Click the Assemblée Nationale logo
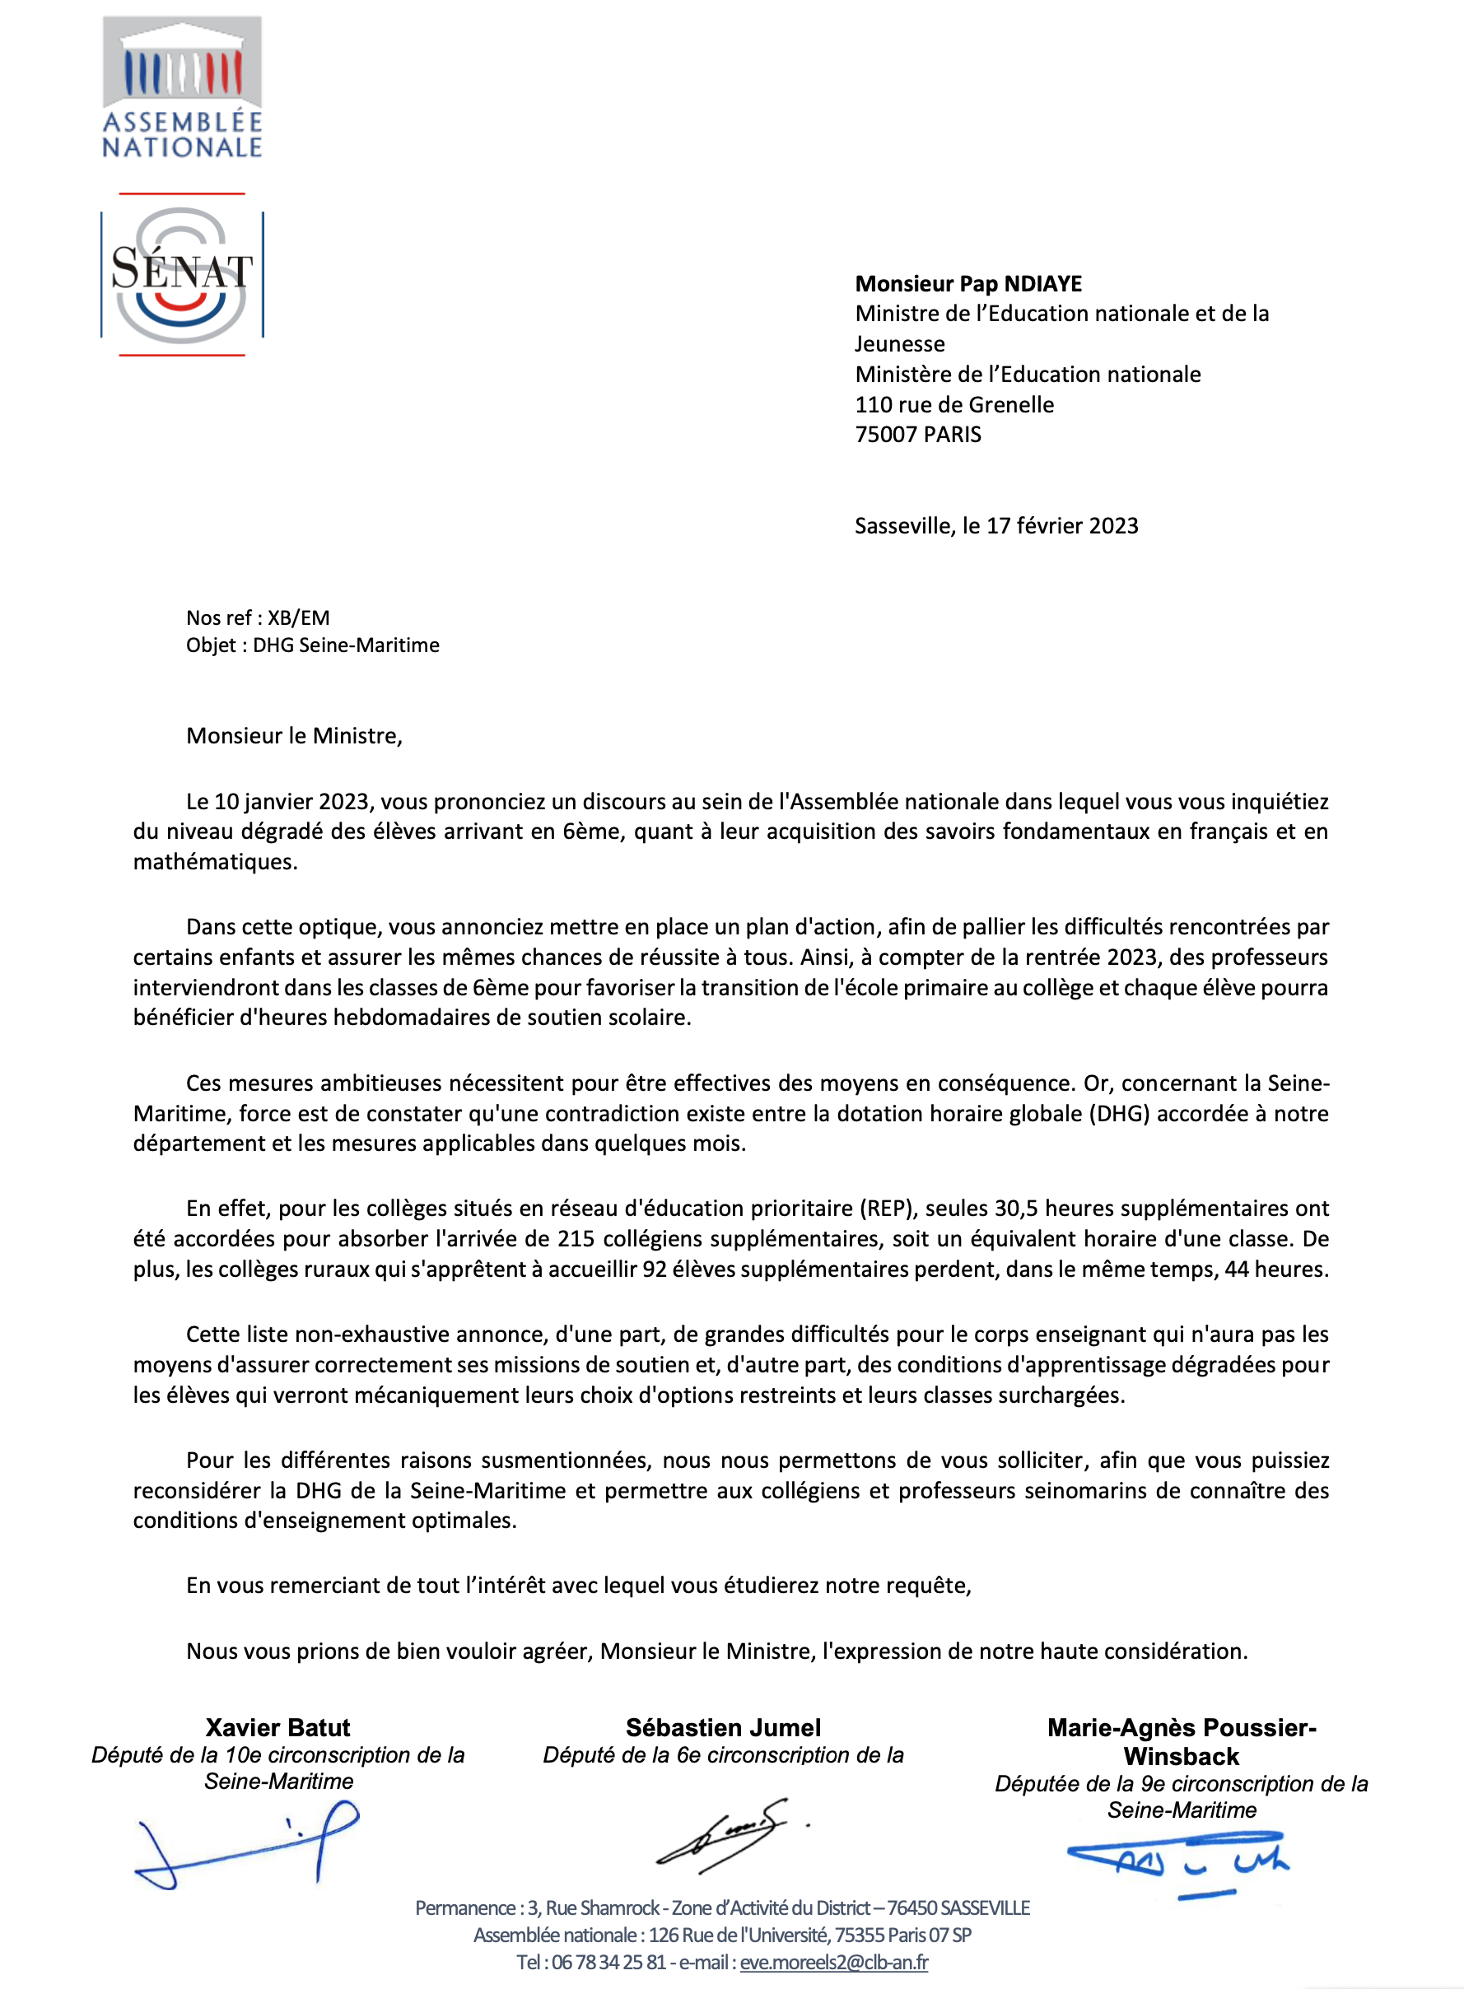(x=182, y=86)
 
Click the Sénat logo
(x=182, y=275)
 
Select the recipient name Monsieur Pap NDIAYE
(x=967, y=283)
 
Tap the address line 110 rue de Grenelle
(x=953, y=405)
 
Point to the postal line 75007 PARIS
(x=917, y=435)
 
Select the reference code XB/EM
(x=299, y=617)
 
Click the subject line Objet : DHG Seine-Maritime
(x=312, y=645)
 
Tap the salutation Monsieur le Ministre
(x=293, y=736)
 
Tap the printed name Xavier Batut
(x=277, y=1728)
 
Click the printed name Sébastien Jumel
(x=723, y=1728)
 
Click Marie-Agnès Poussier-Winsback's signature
(x=1178, y=1862)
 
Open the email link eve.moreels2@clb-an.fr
(x=834, y=1963)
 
